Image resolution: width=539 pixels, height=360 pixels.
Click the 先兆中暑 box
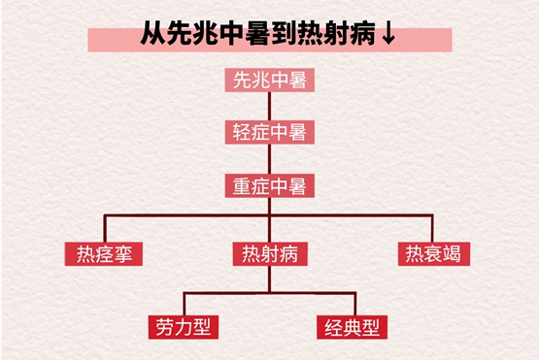[x=269, y=81]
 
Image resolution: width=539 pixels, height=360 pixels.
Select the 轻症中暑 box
[x=269, y=132]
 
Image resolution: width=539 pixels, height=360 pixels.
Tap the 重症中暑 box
[x=269, y=184]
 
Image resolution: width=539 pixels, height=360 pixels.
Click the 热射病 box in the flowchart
[x=269, y=255]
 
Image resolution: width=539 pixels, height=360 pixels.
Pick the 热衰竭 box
[x=432, y=255]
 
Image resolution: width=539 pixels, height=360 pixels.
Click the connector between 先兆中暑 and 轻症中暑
[x=269, y=107]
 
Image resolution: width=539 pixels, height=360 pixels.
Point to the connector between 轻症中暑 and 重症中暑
[x=269, y=158]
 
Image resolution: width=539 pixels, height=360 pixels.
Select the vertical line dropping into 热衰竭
[x=432, y=228]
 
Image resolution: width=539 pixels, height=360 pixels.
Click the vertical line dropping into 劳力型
[x=184, y=302]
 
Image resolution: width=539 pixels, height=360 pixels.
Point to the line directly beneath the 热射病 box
[x=269, y=278]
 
